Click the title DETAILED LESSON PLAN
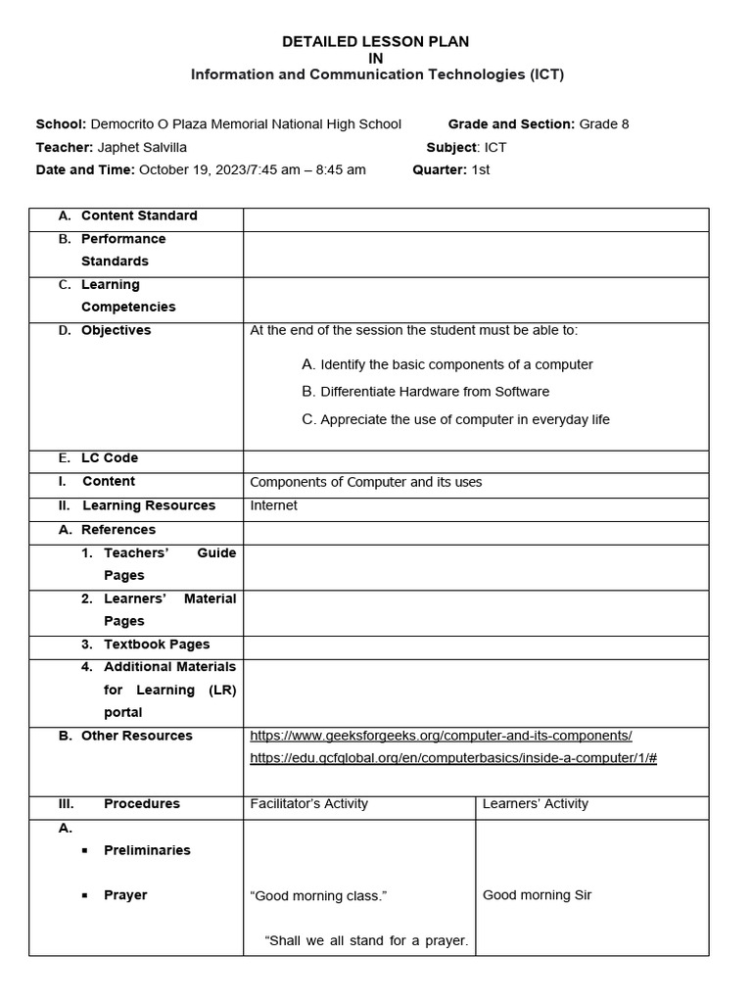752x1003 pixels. [375, 41]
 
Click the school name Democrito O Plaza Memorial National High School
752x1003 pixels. [246, 124]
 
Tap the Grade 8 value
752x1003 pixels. [603, 124]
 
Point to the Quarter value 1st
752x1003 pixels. [480, 169]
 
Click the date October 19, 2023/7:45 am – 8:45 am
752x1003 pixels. [253, 169]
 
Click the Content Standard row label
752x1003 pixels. [138, 215]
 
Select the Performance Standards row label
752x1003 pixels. [122, 250]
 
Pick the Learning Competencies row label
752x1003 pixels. [127, 296]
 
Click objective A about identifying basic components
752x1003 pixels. [447, 364]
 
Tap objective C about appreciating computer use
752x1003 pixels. [455, 419]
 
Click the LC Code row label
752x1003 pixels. [109, 458]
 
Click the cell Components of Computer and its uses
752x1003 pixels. [366, 482]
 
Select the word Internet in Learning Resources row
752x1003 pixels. [274, 505]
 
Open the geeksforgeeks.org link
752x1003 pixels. [442, 736]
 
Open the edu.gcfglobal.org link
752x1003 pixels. [453, 758]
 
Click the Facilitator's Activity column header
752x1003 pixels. [309, 804]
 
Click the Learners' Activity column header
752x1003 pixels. [536, 804]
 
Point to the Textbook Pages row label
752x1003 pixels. [157, 645]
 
